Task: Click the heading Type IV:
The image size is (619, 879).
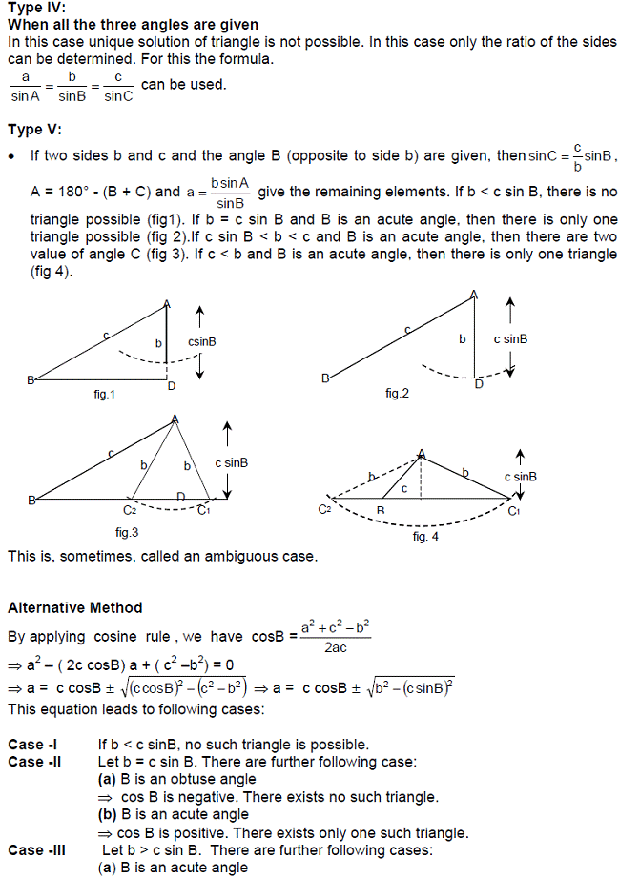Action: (x=36, y=8)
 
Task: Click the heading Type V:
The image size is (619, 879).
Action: (x=34, y=130)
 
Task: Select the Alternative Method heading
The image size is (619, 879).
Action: (x=74, y=607)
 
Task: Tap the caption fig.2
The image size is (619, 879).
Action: (x=397, y=393)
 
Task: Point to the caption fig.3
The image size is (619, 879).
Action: (x=127, y=531)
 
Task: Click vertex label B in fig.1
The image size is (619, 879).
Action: (x=30, y=380)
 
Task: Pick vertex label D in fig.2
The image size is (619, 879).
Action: (x=479, y=384)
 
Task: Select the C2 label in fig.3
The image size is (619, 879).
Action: (x=130, y=511)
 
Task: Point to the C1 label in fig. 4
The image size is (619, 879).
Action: (x=513, y=512)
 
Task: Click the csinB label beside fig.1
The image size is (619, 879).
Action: (x=201, y=340)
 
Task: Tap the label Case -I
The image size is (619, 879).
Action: (x=26, y=745)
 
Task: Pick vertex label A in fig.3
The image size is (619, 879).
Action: (x=175, y=419)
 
